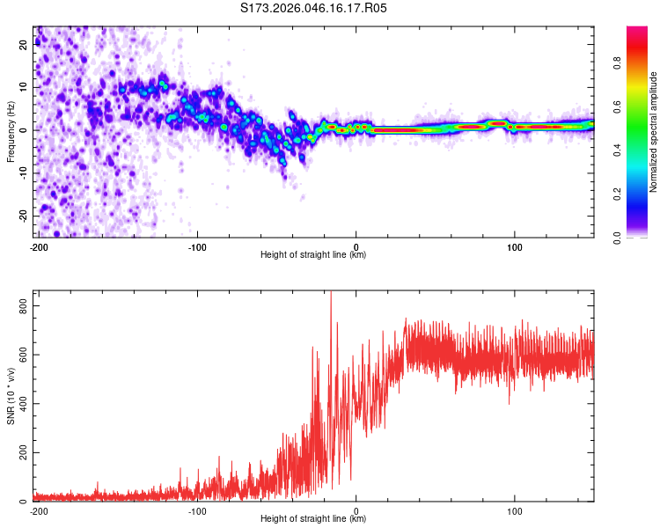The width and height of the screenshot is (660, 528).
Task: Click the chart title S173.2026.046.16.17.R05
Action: point(314,8)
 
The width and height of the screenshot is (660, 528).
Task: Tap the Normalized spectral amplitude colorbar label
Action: point(654,132)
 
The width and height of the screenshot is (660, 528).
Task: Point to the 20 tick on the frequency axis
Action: point(25,46)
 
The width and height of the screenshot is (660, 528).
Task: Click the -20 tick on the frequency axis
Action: point(23,216)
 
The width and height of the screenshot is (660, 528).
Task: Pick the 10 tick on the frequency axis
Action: point(25,88)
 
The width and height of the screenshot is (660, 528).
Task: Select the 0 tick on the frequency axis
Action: point(27,130)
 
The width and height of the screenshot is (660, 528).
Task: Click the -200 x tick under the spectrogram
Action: point(39,246)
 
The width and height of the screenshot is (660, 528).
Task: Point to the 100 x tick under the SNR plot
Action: point(514,510)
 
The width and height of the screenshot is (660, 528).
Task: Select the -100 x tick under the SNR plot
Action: point(197,510)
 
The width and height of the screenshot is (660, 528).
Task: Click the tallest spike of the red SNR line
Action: point(331,293)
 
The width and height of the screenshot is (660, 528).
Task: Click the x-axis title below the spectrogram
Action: point(313,255)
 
